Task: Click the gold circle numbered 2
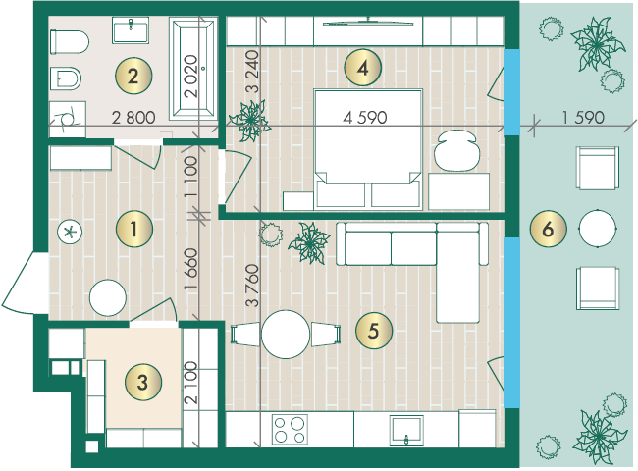pos(133,77)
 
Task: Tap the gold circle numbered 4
pos(362,68)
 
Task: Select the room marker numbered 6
pos(548,229)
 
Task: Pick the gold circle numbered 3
pos(143,382)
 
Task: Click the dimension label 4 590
pos(364,118)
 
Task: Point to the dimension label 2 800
pos(133,118)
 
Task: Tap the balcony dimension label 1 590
pos(583,118)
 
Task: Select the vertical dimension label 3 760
pos(252,286)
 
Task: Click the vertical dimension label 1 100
pos(190,178)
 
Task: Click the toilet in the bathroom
pos(69,41)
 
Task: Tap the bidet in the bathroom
pos(65,78)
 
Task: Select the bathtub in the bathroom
pos(192,69)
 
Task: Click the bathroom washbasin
pos(131,30)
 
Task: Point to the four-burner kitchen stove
pos(290,430)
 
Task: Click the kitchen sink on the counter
pos(406,431)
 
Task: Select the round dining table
pos(286,335)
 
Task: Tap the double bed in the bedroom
pos(368,148)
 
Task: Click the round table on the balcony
pos(598,229)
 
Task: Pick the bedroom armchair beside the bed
pos(456,150)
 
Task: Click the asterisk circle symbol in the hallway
pos(70,233)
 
